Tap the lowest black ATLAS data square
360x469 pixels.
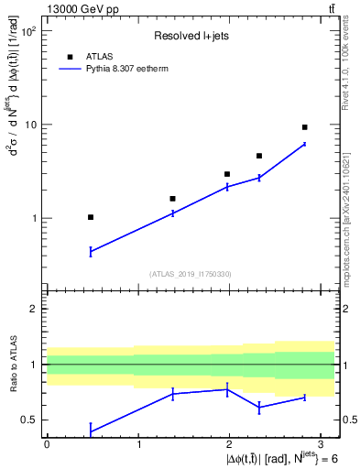(91, 217)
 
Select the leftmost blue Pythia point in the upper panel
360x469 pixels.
(91, 251)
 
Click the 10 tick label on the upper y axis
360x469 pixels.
(31, 125)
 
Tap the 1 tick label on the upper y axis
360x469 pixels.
(35, 218)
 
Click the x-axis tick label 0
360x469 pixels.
(47, 443)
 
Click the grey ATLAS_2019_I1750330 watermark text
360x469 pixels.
(190, 274)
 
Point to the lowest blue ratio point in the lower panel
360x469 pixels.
(91, 431)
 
